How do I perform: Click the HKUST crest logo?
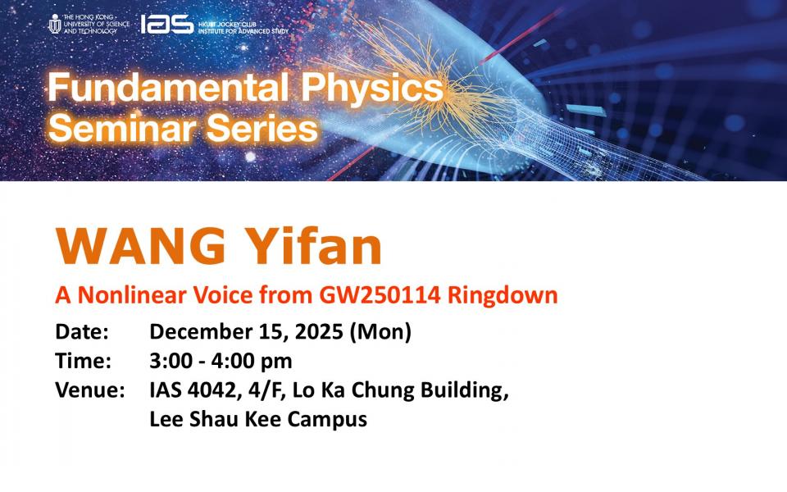click(55, 24)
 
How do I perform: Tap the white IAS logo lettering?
click(166, 24)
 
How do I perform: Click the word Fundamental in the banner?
click(168, 88)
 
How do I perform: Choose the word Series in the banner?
click(262, 128)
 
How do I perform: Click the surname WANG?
click(140, 246)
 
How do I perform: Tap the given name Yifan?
click(315, 246)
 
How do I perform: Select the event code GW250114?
click(380, 294)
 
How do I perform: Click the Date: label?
click(82, 332)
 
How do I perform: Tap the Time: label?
click(84, 361)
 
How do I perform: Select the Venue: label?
click(90, 390)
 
